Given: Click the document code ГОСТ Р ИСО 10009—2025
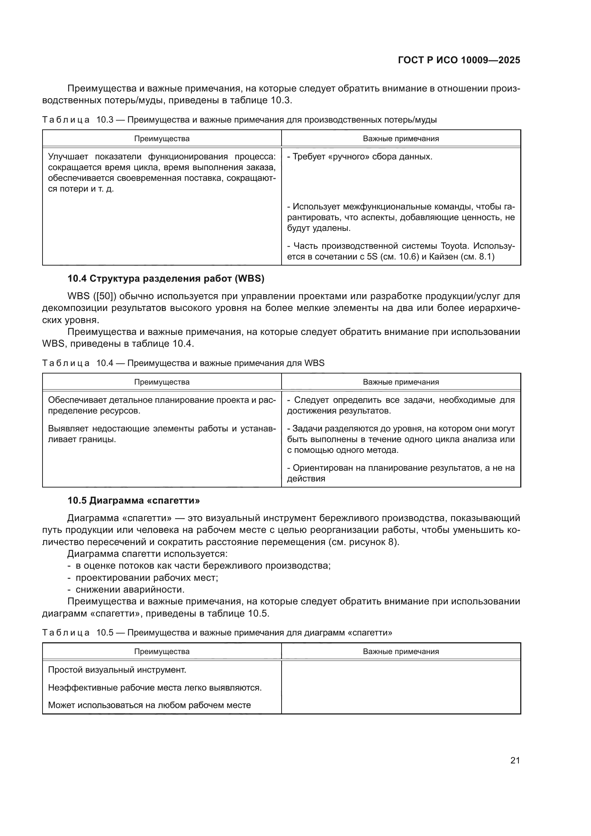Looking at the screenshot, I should (x=459, y=60).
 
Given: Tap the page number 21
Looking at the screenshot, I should (x=515, y=760).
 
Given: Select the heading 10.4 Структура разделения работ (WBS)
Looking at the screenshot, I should (x=165, y=278).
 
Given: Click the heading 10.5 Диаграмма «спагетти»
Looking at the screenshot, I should (x=134, y=501).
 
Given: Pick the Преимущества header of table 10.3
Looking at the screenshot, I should (x=162, y=139).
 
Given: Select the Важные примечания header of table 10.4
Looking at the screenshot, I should (x=401, y=382).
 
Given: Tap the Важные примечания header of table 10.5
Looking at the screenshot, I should (x=401, y=652).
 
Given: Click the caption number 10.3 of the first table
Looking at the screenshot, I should (x=105, y=120).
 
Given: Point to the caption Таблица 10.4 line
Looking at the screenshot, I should (x=183, y=363).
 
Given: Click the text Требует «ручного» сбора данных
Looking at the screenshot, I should (x=359, y=157).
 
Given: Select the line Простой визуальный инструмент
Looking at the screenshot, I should (x=117, y=669).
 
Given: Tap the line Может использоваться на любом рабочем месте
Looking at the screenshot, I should (x=149, y=705).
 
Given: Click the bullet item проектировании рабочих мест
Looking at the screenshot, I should (x=146, y=578).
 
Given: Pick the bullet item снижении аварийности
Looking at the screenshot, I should (x=130, y=589).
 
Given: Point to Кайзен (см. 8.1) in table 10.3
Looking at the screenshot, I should (x=461, y=257).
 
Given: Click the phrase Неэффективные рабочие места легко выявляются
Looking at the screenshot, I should (x=155, y=687).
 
